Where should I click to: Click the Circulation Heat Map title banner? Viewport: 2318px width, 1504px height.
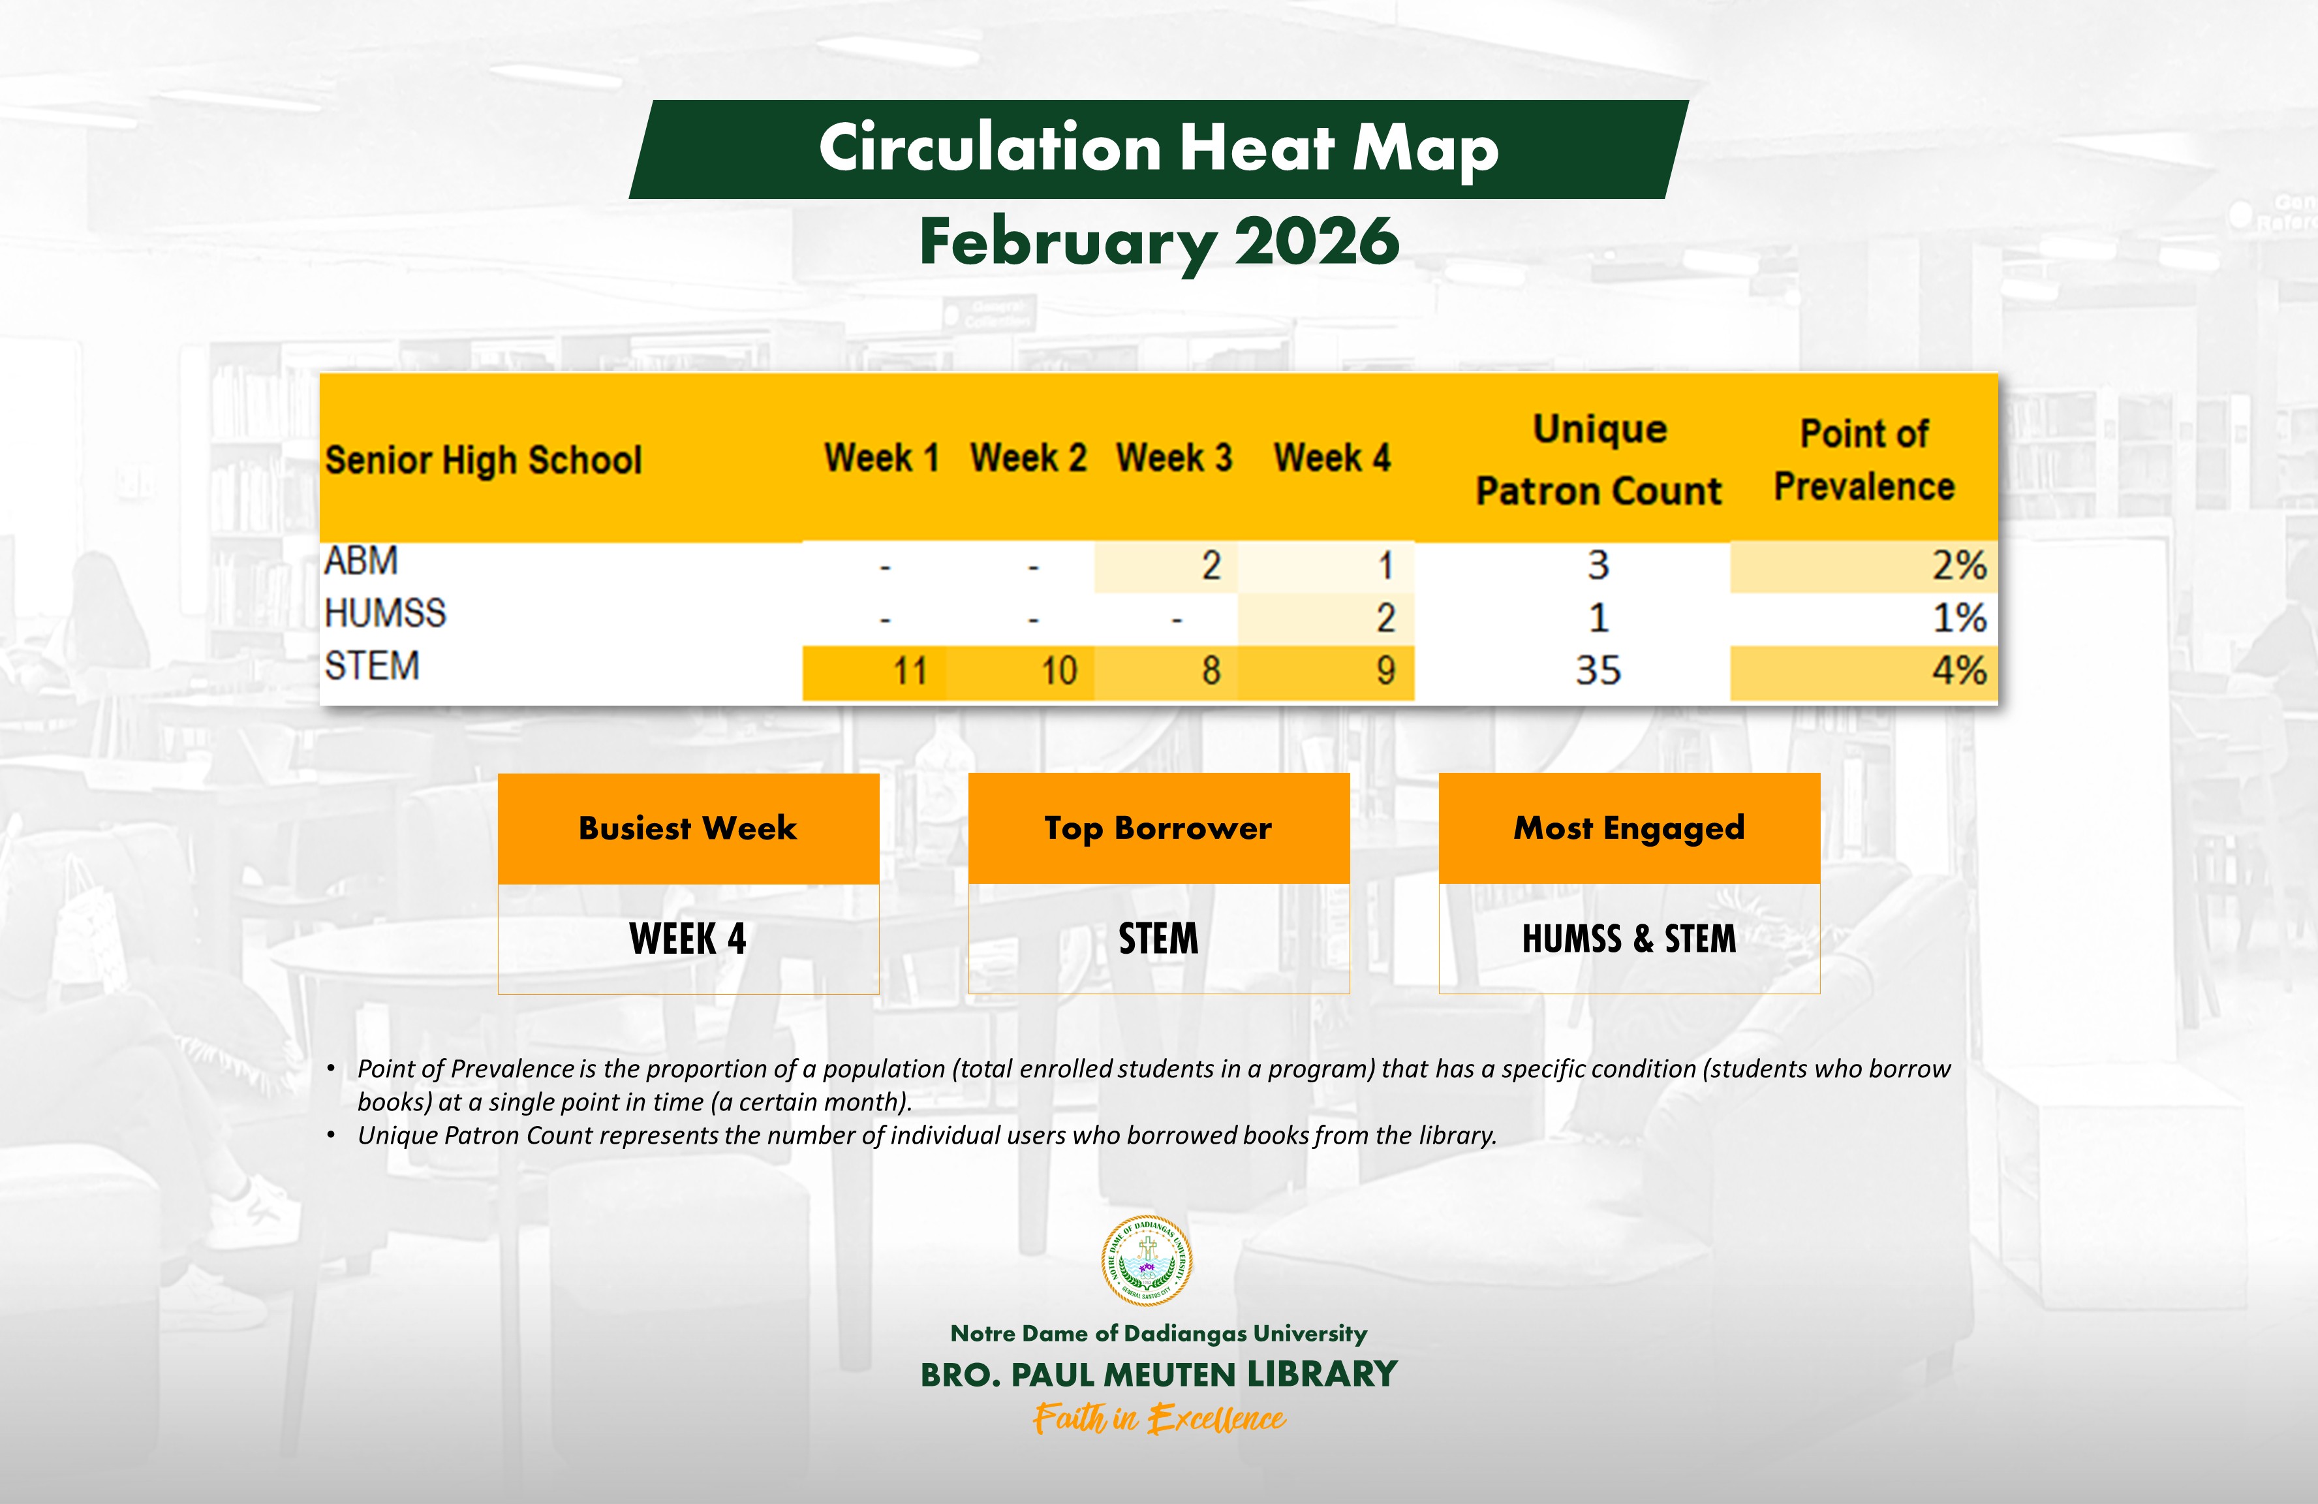(1158, 148)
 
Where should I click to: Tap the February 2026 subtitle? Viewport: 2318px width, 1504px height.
(1159, 242)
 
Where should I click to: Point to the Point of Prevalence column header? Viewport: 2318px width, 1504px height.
(1863, 460)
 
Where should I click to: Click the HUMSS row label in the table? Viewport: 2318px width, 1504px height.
(385, 614)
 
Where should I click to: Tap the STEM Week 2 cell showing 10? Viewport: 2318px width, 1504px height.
(1059, 671)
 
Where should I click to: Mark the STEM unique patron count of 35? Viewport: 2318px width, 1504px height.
(1598, 671)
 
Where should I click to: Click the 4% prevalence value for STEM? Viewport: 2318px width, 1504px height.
(1958, 671)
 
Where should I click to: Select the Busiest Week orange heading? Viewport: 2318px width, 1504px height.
(688, 828)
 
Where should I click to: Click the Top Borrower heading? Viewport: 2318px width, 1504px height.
(1158, 828)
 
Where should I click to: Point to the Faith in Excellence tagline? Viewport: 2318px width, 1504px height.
(1159, 1419)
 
